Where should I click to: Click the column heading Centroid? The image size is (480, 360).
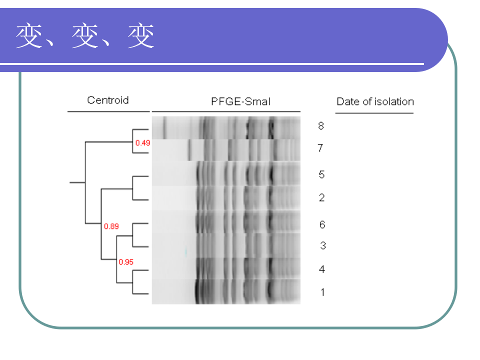pyautogui.click(x=108, y=100)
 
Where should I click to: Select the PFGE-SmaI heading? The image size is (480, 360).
pyautogui.click(x=240, y=101)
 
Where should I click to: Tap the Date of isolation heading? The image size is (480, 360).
pyautogui.click(x=375, y=101)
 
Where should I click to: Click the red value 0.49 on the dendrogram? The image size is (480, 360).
pyautogui.click(x=142, y=142)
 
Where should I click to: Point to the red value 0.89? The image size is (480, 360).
pyautogui.click(x=111, y=226)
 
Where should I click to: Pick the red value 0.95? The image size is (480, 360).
pyautogui.click(x=126, y=261)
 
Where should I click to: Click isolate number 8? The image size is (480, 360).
pyautogui.click(x=321, y=125)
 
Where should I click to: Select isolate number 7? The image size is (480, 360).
pyautogui.click(x=320, y=148)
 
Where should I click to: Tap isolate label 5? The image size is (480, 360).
pyautogui.click(x=321, y=174)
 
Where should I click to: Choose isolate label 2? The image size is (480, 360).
pyautogui.click(x=321, y=198)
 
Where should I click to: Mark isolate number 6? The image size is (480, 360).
pyautogui.click(x=322, y=224)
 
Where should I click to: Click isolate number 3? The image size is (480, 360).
pyautogui.click(x=323, y=245)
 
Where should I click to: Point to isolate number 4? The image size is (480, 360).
pyautogui.click(x=321, y=269)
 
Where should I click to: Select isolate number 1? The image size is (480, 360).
pyautogui.click(x=322, y=292)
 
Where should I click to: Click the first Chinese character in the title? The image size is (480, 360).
pyautogui.click(x=28, y=36)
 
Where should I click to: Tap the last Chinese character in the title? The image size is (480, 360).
pyautogui.click(x=141, y=36)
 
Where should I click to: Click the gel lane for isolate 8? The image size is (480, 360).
pyautogui.click(x=226, y=127)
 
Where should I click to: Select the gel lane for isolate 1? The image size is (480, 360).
pyautogui.click(x=226, y=291)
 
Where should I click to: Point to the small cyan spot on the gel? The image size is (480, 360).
pyautogui.click(x=185, y=251)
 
